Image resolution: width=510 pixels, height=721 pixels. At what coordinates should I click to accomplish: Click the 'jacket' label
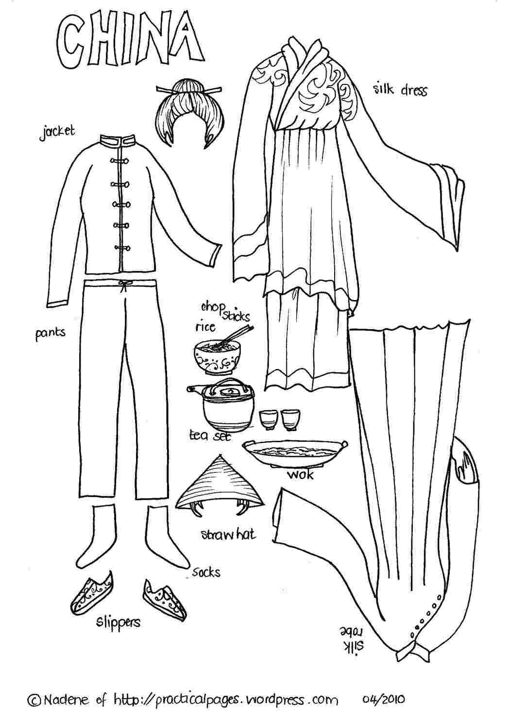pyautogui.click(x=57, y=133)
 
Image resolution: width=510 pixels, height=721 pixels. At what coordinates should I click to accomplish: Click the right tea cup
pyautogui.click(x=290, y=419)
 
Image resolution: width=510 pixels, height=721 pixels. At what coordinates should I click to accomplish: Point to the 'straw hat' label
pyautogui.click(x=228, y=534)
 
